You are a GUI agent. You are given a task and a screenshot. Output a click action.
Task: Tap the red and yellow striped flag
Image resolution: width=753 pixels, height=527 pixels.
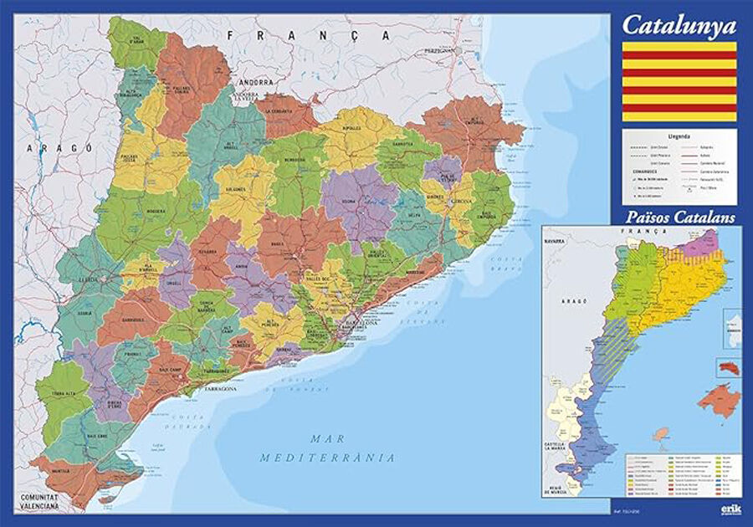point(679,81)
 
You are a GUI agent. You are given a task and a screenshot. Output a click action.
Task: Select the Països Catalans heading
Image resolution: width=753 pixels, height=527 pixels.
point(679,217)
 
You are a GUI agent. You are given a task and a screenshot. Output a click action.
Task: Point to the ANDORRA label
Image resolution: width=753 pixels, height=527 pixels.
point(255,84)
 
